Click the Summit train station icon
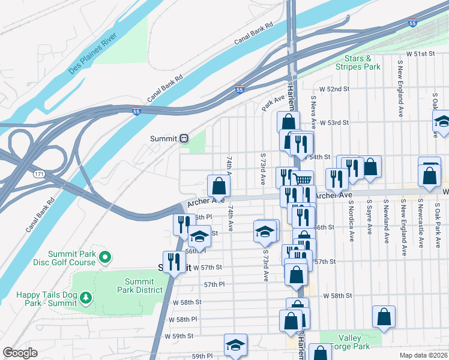coord(184,139)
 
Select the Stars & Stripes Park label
coord(363,63)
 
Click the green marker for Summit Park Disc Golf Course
coord(106,258)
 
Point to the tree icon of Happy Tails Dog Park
coord(86,297)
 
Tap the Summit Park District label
coord(143,286)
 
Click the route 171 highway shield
coord(39,174)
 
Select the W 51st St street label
coord(420,54)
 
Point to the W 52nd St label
coord(334,89)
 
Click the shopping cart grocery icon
coord(303,179)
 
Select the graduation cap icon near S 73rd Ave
coord(264,233)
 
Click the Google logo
coord(20,352)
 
